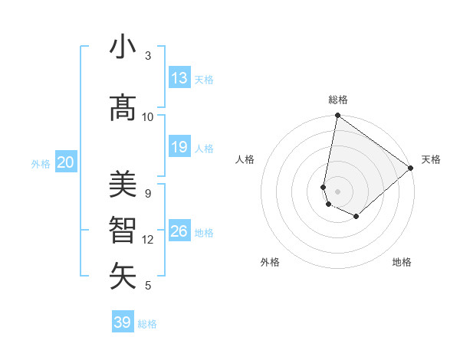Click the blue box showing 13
(179, 78)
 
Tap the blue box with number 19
(179, 147)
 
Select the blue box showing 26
(179, 231)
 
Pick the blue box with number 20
(65, 162)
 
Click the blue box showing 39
(123, 322)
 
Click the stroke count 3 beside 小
(148, 56)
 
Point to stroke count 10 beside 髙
(148, 116)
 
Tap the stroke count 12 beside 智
(148, 240)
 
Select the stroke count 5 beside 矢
(148, 286)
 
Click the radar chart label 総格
(338, 100)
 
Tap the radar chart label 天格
(431, 159)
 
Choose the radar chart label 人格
(245, 159)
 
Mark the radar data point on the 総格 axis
(337, 116)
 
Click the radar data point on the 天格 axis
(411, 168)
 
